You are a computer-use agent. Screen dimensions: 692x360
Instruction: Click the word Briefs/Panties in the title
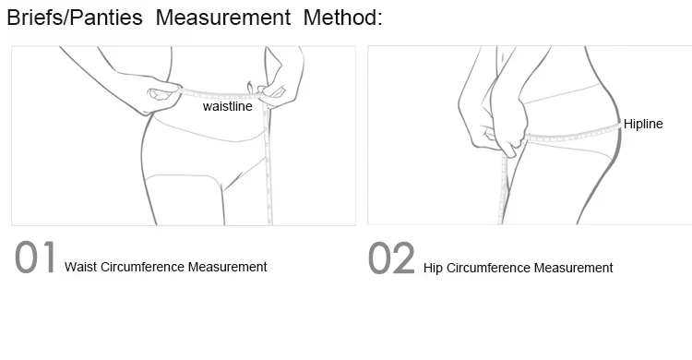coord(75,18)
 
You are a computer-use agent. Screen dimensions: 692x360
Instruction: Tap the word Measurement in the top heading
coord(223,18)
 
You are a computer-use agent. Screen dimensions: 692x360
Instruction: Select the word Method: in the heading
coord(343,18)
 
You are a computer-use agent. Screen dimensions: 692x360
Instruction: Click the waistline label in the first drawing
coord(228,106)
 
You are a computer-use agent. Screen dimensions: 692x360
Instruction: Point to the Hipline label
coord(643,124)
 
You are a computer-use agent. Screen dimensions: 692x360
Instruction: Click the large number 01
coord(35,258)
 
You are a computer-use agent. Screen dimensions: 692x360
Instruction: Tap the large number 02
coord(391,258)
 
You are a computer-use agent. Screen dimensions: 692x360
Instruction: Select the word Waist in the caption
coord(81,267)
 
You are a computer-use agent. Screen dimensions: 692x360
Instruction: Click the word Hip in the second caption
coord(433,268)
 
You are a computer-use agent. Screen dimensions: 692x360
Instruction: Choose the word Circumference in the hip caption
coord(488,268)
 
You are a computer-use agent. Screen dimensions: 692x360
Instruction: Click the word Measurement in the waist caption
coord(228,267)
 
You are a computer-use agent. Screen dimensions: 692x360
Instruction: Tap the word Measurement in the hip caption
coord(574,268)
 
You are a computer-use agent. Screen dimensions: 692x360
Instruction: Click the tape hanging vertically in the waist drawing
coord(267,163)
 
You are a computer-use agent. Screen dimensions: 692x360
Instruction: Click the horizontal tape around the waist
coord(221,94)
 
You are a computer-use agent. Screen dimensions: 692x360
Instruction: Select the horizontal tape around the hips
coord(572,134)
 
